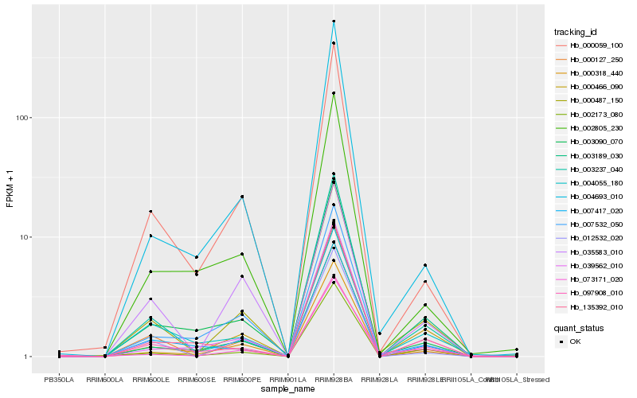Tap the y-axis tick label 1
(25, 357)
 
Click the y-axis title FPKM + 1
(10, 189)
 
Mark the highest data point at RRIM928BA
(334, 21)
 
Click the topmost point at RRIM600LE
(150, 211)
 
